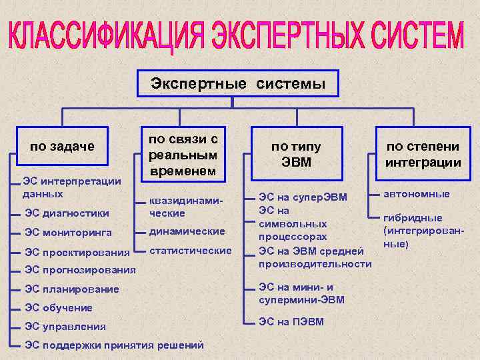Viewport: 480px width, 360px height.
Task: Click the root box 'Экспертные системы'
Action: click(238, 84)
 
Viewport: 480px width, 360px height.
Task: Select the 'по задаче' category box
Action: click(62, 146)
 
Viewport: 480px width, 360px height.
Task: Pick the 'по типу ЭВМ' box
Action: click(295, 155)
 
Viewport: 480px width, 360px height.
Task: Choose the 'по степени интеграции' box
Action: click(423, 155)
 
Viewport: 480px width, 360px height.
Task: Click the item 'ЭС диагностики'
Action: click(67, 213)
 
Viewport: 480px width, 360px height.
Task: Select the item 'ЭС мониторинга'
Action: click(68, 233)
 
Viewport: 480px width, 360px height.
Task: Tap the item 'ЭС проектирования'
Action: click(77, 253)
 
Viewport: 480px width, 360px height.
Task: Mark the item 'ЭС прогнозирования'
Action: click(80, 270)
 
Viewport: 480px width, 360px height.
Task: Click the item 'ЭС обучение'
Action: click(59, 308)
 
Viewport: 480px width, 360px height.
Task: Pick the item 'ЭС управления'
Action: click(65, 327)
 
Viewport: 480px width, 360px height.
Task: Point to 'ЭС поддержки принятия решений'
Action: click(114, 345)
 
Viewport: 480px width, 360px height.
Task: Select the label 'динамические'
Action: click(187, 231)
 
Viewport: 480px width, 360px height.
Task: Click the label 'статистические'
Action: click(191, 251)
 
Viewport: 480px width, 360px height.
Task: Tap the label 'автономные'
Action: click(416, 194)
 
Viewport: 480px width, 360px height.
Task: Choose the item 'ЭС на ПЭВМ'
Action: click(291, 322)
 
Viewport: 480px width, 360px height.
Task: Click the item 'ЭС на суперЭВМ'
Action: click(303, 197)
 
